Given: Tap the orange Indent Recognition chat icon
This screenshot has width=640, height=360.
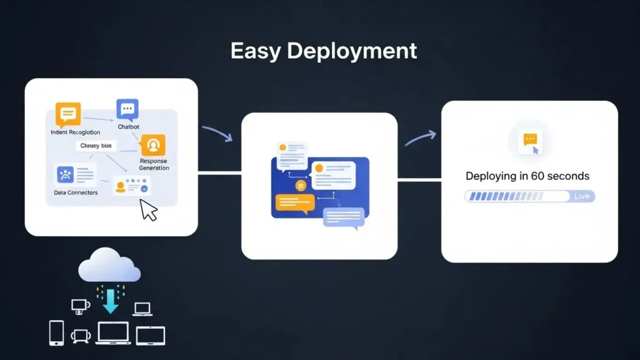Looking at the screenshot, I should click(x=68, y=114).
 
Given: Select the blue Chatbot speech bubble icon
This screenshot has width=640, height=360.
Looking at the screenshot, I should click(x=127, y=109).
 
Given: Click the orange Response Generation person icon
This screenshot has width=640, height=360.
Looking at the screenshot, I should click(x=153, y=145).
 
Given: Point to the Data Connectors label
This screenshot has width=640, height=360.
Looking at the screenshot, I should click(x=76, y=192).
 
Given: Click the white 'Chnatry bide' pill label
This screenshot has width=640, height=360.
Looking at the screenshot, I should click(x=96, y=146).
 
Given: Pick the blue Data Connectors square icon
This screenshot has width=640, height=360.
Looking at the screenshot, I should click(x=65, y=174).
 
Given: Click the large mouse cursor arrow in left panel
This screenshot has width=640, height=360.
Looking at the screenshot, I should click(x=149, y=209).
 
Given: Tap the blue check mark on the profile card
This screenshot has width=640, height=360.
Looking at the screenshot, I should click(x=144, y=187).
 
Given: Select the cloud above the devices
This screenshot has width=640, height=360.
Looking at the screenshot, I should click(x=109, y=266).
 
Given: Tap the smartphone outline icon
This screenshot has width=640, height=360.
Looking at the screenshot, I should click(x=56, y=332).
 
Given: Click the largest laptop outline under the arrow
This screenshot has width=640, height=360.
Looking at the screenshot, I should click(x=112, y=332).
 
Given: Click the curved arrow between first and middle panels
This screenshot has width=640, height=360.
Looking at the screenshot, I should click(x=217, y=132).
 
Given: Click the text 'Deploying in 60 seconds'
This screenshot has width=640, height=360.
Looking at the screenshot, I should click(x=527, y=176).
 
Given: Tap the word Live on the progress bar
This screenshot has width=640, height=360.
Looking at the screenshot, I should click(x=581, y=196).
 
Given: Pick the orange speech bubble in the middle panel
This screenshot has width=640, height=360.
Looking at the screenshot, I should click(x=293, y=203).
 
